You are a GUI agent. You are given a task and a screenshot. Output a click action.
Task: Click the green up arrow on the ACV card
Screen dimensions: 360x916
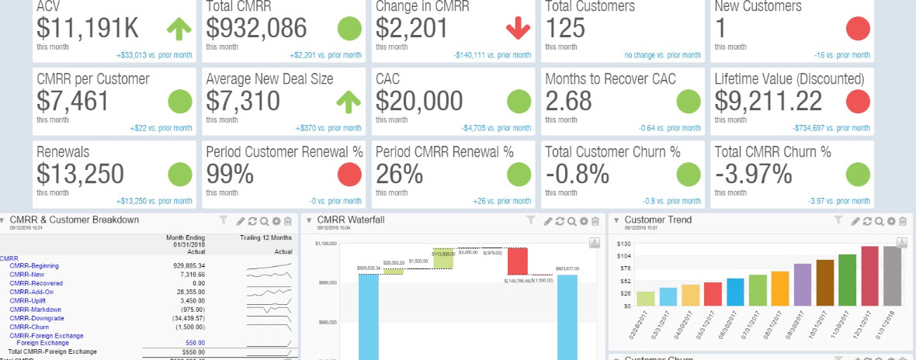coord(179,29)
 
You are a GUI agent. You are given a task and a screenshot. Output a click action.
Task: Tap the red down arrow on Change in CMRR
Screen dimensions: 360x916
coord(517,29)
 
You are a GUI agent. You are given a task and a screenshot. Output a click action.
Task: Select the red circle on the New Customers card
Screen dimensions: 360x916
coord(857,29)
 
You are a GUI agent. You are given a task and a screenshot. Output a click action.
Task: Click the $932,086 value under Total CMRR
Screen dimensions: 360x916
coord(257,29)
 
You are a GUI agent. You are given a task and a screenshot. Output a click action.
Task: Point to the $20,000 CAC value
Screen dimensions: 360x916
coord(419,101)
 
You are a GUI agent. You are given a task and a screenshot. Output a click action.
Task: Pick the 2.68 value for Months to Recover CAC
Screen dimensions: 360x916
coord(568,101)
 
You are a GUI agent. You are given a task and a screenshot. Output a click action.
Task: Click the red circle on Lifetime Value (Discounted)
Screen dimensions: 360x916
coord(857,102)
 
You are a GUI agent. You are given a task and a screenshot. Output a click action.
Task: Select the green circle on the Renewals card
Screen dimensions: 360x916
coord(180,173)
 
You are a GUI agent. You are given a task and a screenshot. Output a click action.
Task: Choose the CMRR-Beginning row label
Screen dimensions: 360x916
coord(33,266)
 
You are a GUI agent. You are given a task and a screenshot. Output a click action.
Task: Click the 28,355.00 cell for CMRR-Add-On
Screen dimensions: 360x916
coord(187,292)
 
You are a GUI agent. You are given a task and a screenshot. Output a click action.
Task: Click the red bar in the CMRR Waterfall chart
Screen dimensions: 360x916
coord(518,261)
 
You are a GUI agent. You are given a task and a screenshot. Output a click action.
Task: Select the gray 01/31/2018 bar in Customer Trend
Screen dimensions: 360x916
coord(892,275)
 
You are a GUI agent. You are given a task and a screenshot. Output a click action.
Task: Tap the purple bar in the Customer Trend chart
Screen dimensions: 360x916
coord(802,284)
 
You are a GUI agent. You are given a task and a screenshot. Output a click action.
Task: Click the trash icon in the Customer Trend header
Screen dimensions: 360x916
coord(904,221)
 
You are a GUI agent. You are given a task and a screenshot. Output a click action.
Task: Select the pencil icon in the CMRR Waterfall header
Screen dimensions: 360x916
coord(549,221)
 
